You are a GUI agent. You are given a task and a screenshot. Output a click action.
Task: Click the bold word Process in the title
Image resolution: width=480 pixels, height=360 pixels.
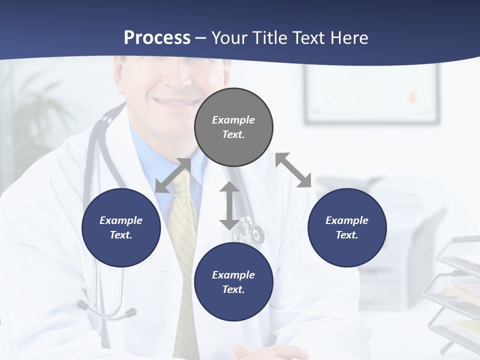point(157,37)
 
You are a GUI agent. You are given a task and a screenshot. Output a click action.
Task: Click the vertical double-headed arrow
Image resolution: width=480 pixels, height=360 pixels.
point(229,205)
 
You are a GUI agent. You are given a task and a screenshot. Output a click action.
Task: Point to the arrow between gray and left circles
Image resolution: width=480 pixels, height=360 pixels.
point(173,175)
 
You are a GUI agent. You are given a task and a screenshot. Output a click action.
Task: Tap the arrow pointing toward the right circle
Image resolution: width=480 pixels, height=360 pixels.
point(293,170)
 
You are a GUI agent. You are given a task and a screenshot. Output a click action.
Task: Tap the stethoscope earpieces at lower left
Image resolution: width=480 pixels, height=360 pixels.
point(107,310)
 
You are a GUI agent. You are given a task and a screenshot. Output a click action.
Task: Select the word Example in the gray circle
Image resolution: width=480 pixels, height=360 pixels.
point(233,120)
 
